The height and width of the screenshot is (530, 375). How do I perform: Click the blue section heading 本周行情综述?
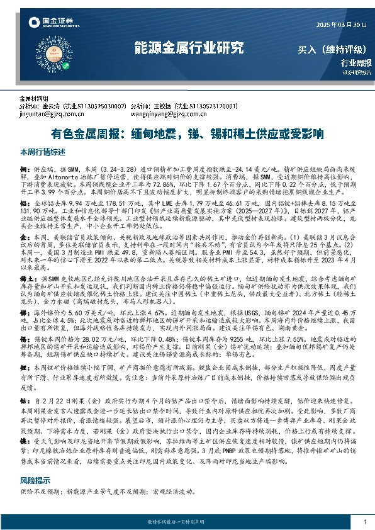[x=43, y=152]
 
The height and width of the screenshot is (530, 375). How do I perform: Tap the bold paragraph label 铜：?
[x=25, y=170]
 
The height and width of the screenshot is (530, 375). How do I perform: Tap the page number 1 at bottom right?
[x=365, y=522]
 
